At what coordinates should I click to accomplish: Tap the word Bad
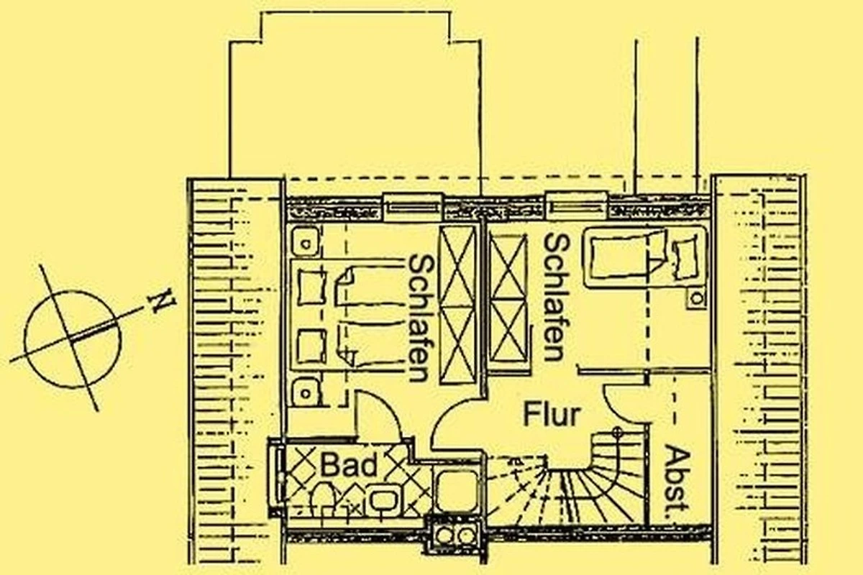point(349,465)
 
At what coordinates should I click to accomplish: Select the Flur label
point(552,414)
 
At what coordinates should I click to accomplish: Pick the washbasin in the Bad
point(383,500)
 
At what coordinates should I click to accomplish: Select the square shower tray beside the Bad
point(457,491)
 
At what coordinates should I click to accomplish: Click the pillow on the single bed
point(685,257)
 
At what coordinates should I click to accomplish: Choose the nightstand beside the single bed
point(696,298)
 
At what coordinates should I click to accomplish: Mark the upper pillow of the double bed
point(311,287)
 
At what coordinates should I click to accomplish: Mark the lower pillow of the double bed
point(311,346)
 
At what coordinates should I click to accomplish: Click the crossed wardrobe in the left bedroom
point(457,304)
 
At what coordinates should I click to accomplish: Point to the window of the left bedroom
point(413,208)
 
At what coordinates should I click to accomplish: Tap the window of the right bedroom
point(576,206)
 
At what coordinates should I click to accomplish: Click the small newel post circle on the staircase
point(618,431)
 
